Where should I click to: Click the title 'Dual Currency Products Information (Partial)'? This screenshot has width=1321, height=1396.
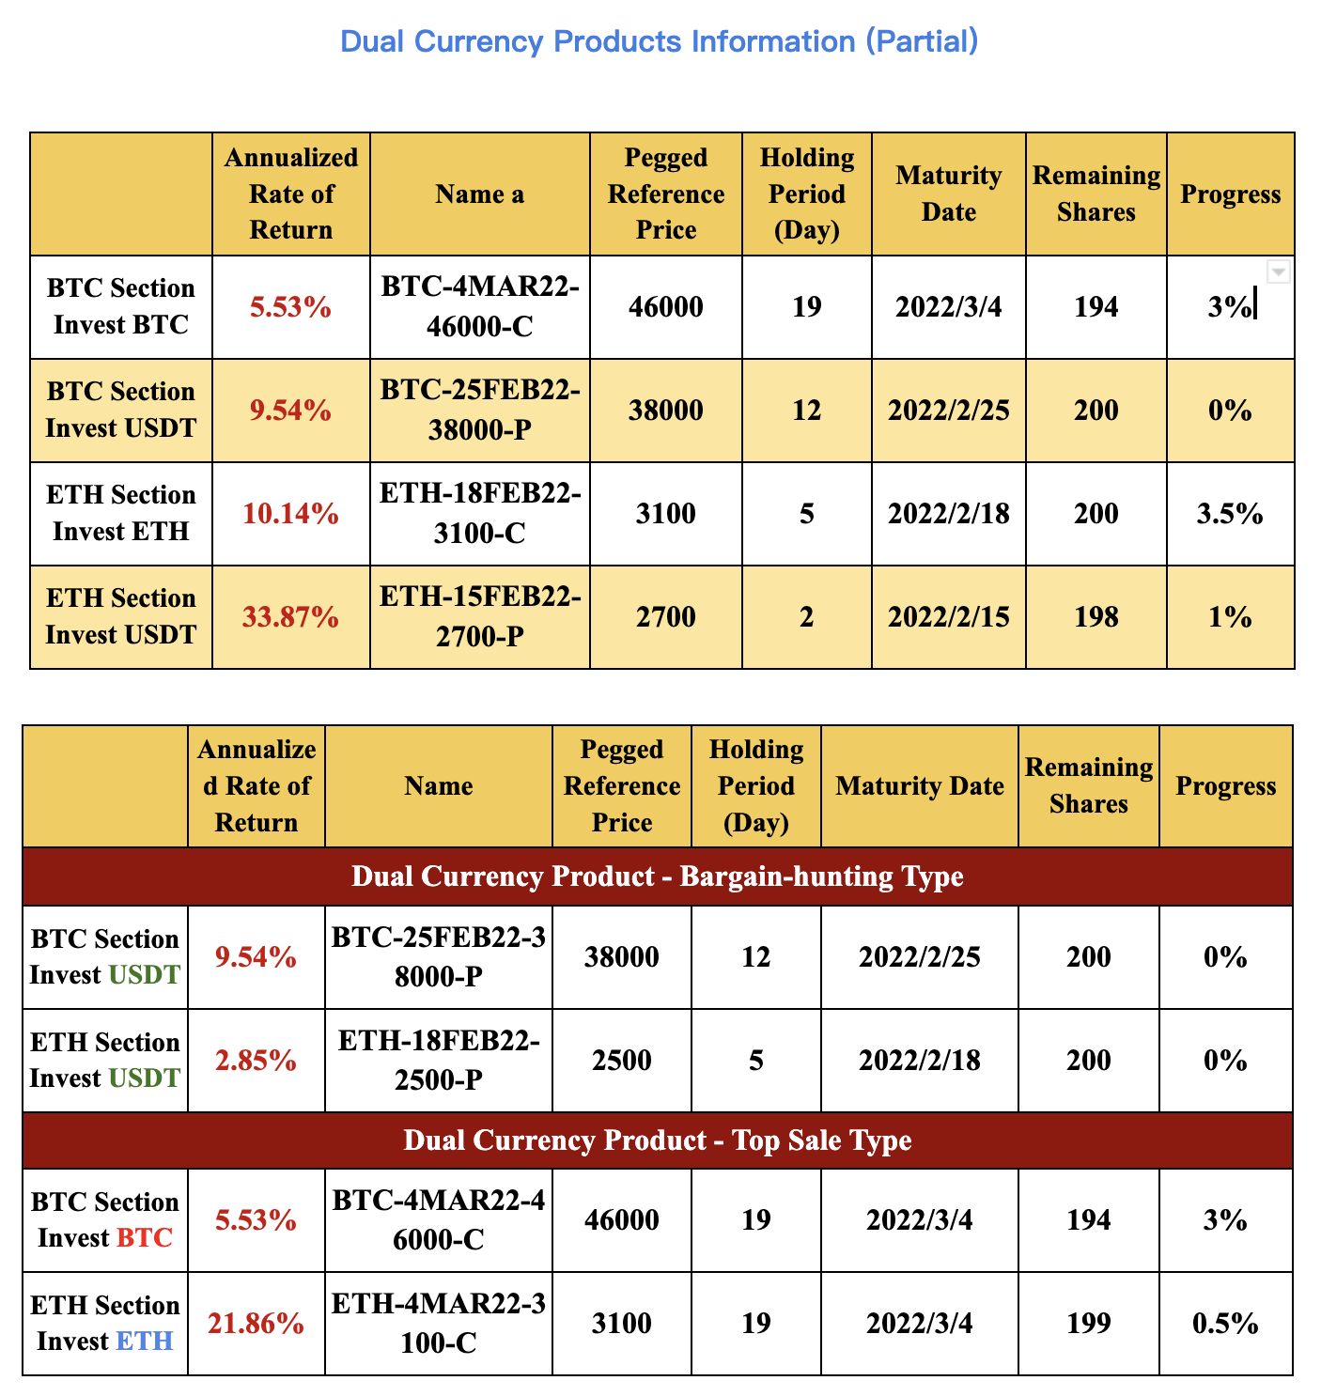659,41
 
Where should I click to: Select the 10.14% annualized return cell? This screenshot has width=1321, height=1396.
290,514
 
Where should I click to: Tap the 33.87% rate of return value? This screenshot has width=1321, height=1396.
290,617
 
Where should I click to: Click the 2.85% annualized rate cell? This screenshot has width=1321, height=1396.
256,1061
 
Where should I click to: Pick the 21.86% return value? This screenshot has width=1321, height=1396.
256,1324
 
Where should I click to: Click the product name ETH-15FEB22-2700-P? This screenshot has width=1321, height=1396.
480,617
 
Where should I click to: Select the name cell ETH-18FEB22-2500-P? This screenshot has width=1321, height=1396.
439,1061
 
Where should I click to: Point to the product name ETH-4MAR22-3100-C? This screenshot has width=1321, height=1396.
439,1324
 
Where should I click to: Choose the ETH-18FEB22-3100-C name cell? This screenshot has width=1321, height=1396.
480,514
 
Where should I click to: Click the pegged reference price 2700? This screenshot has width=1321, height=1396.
665,617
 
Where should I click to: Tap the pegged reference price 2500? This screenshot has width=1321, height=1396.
621,1061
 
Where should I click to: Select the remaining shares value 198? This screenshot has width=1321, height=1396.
1096,617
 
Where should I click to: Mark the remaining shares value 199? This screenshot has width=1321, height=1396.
1088,1324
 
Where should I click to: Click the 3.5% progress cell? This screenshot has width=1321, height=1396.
1229,514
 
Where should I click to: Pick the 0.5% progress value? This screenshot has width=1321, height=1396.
1225,1324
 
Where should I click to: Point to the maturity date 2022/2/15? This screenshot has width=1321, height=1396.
948,617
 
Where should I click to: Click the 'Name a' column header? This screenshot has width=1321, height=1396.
480,194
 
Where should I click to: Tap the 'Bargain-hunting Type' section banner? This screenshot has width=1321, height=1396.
657,876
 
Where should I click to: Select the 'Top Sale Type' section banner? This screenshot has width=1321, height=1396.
657,1140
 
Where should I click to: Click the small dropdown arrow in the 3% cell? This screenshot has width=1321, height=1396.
1278,271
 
